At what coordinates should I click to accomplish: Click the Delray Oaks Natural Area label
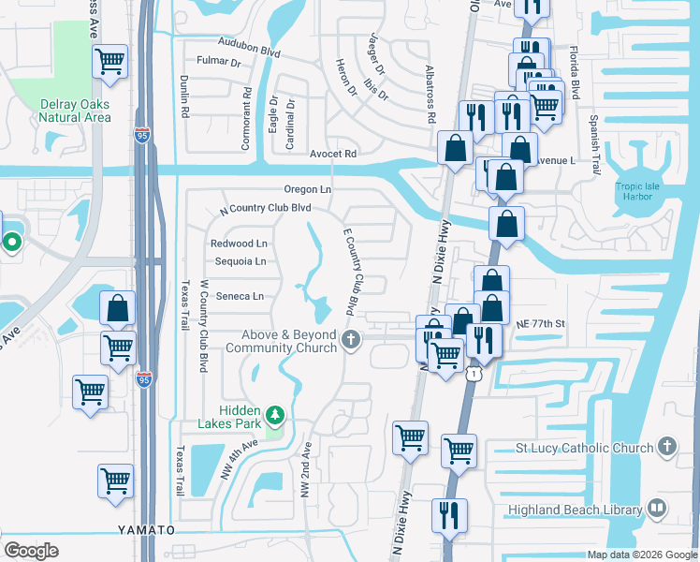tap(75, 111)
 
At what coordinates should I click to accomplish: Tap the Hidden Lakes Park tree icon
tap(275, 414)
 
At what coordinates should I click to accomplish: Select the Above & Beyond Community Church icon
tap(351, 340)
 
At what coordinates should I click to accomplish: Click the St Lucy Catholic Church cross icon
tap(666, 447)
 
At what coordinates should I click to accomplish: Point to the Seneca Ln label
tap(241, 296)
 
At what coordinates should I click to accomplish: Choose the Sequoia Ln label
tap(241, 261)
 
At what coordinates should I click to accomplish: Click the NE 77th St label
tap(541, 323)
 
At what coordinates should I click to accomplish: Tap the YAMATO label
tap(146, 530)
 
